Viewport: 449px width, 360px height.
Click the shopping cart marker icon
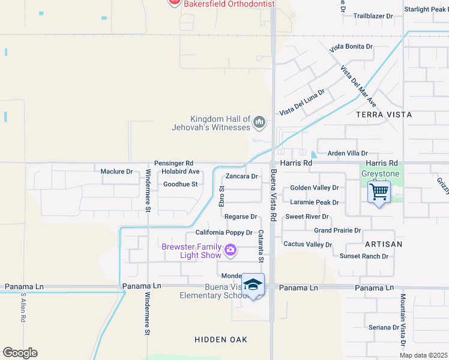(379, 193)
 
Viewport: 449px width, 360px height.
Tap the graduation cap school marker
(253, 285)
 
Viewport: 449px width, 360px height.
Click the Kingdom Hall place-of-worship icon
(259, 122)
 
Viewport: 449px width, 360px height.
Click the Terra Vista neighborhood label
(384, 114)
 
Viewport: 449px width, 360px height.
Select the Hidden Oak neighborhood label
(221, 340)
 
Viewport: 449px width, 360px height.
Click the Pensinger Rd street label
(173, 163)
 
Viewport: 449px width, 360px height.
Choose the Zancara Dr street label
(241, 176)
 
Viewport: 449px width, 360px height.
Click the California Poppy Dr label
(224, 233)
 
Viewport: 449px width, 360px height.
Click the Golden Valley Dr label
(315, 188)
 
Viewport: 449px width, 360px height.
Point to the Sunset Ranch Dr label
(364, 256)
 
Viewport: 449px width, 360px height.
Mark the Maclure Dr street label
(116, 172)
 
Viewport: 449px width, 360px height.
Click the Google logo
(20, 353)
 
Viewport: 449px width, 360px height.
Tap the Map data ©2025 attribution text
(423, 355)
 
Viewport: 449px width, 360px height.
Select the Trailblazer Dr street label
(373, 16)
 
